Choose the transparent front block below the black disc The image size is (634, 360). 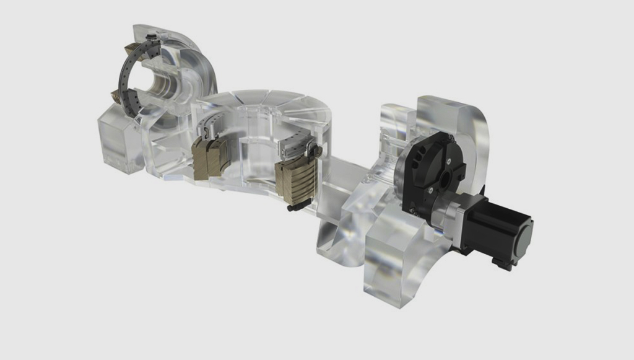pos(396,260)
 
